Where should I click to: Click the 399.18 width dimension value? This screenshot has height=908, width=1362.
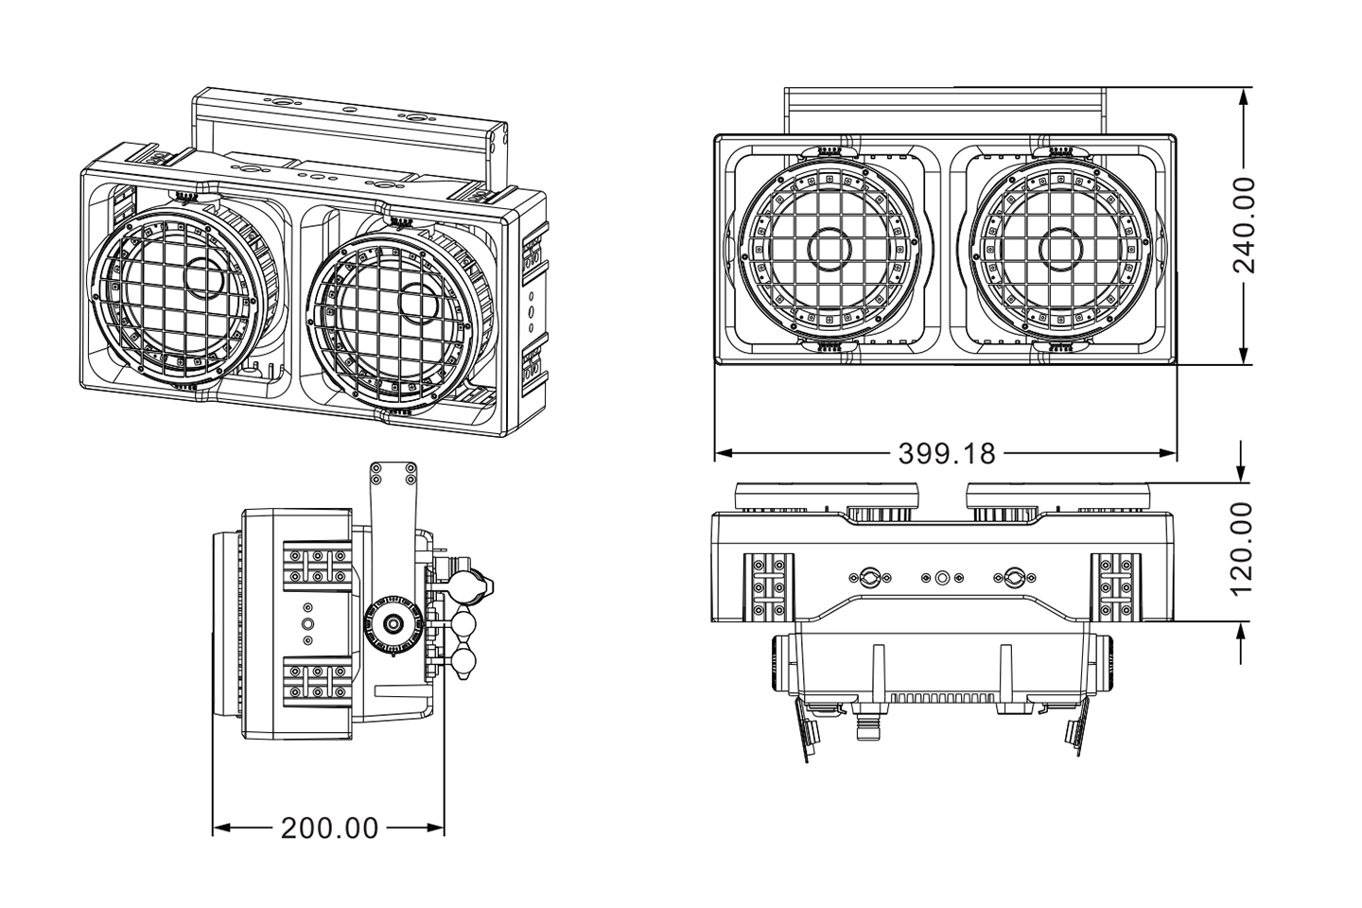pos(947,454)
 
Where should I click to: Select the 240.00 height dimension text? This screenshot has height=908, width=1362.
pos(1245,225)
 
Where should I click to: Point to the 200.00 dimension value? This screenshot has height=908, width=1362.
pos(329,829)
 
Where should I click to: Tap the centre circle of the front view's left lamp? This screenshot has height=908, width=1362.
pos(829,248)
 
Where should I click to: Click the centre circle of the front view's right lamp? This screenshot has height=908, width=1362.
pos(1060,248)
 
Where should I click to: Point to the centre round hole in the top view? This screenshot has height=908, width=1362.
pos(942,577)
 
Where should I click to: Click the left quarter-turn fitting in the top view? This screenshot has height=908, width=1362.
pos(869,576)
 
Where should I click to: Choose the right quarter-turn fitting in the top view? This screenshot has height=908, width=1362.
pos(1015,576)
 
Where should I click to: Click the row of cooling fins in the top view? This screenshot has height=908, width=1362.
pos(942,698)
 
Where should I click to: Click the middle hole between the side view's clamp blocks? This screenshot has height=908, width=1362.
pos(307,623)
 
